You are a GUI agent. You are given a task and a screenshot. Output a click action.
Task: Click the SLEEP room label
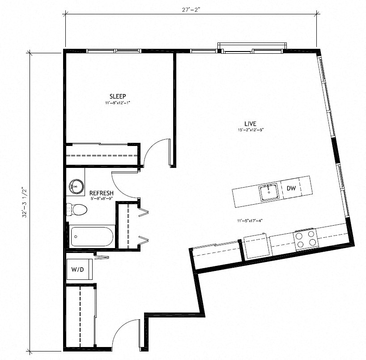(x=118, y=96)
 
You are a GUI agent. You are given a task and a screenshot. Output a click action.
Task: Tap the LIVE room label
(x=250, y=124)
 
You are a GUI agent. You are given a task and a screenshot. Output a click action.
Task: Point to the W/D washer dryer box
(x=80, y=270)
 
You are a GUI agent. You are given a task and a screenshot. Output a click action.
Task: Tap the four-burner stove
(x=306, y=239)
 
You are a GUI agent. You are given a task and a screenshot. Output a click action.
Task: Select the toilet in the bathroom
(x=77, y=209)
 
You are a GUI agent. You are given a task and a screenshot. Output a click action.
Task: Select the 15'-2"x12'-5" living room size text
(x=250, y=130)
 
